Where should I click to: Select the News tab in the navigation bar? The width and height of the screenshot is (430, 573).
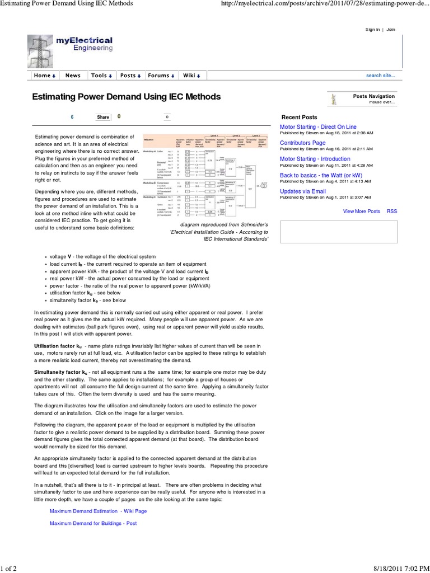[73, 76]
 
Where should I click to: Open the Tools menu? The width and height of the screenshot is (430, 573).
[101, 76]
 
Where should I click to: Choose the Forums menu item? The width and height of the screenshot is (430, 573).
[161, 76]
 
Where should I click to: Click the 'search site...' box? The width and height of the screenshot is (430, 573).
[380, 76]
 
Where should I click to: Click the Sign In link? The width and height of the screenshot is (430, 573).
[372, 29]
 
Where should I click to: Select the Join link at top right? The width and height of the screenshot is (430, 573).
[390, 29]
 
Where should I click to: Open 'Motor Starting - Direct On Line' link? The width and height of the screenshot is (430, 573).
[317, 127]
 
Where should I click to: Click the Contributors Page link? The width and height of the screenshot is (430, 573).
[302, 143]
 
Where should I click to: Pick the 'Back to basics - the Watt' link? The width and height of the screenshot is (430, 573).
[321, 175]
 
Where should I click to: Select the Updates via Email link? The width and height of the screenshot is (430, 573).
[302, 191]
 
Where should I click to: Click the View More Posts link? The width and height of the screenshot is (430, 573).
[361, 212]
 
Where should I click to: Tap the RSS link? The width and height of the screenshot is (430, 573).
[391, 212]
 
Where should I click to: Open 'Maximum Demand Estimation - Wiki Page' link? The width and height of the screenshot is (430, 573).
[98, 511]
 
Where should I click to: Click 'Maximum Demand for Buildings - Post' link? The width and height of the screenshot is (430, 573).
[93, 524]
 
